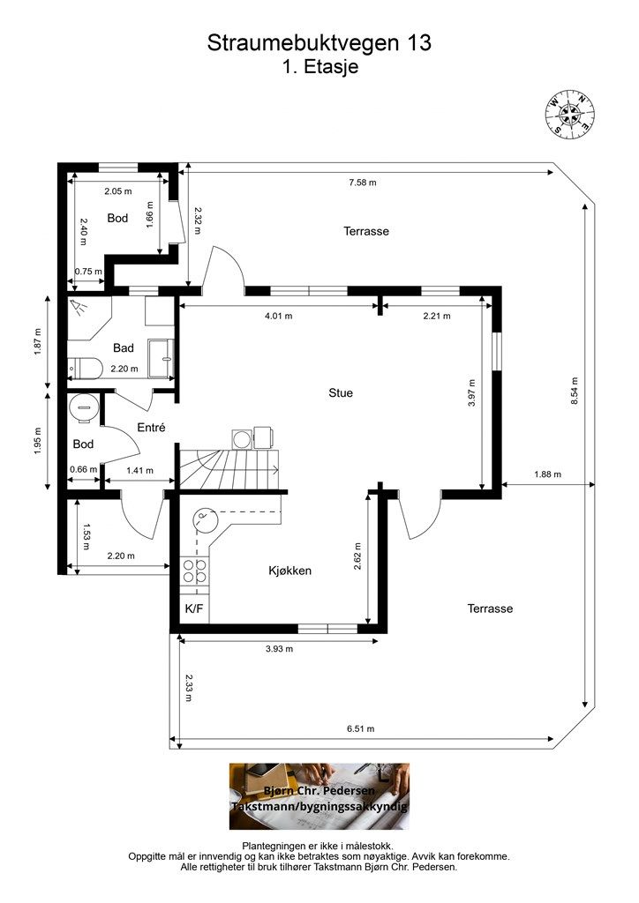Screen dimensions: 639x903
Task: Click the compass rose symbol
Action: [x=570, y=114]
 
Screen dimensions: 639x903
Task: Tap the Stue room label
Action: [x=341, y=392]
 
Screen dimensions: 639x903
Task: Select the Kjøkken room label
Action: [x=289, y=571]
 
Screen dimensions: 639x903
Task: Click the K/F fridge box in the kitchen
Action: [x=194, y=608]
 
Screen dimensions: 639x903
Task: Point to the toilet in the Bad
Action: [x=85, y=367]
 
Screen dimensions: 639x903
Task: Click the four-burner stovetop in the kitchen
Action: [x=195, y=571]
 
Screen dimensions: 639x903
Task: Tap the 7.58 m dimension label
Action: [x=363, y=183]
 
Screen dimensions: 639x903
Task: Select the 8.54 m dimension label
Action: [x=574, y=392]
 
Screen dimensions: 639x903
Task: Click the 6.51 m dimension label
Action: [x=361, y=728]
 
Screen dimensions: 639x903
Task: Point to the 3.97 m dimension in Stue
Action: [x=472, y=392]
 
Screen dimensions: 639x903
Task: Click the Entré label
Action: [x=151, y=428]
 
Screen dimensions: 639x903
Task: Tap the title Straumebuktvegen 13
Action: [x=319, y=42]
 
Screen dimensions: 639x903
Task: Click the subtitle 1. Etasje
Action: [x=319, y=66]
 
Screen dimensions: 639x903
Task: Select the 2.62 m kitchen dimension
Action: [x=357, y=556]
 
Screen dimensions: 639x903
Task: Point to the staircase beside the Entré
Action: [x=229, y=467]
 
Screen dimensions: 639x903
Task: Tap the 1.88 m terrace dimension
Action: [x=547, y=474]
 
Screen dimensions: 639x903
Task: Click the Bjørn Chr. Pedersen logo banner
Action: [x=319, y=796]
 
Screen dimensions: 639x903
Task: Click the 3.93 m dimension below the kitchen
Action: [x=279, y=648]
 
